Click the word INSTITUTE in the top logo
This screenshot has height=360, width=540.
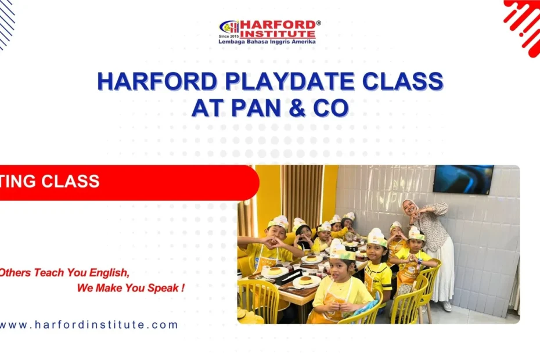[x=278, y=34]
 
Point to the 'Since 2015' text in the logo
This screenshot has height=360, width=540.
[x=229, y=37]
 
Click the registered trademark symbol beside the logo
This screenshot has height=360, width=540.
[x=318, y=23]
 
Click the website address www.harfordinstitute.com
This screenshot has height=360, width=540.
[x=88, y=325]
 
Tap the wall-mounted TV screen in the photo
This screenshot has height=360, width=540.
[x=463, y=179]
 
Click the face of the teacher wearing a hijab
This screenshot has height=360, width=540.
[x=409, y=208]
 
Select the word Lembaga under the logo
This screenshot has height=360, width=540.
[x=232, y=42]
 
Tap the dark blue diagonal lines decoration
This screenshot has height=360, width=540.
[x=6, y=23]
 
